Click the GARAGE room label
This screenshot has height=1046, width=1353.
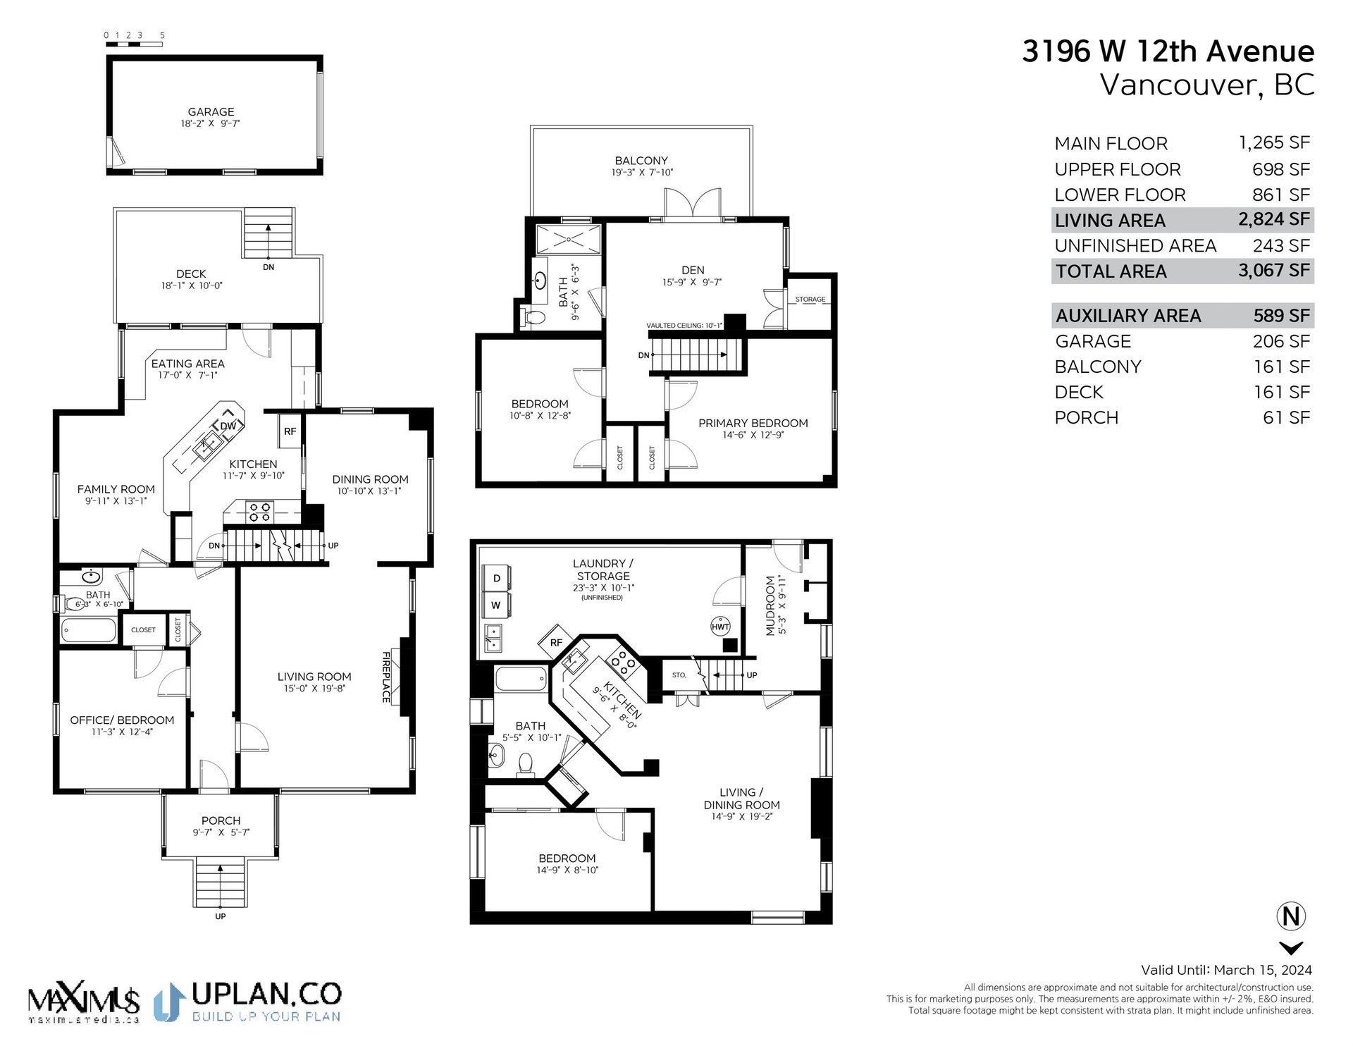211,112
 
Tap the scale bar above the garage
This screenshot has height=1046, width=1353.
134,44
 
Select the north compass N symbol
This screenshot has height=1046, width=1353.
1291,916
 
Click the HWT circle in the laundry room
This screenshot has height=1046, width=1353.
720,627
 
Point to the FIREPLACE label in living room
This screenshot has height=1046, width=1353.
386,677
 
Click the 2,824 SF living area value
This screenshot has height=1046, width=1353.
1274,219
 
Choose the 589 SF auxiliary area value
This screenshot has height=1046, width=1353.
1282,316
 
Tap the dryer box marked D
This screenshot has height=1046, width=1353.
496,579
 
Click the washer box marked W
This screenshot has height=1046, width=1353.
496,605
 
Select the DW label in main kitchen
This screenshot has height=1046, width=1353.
228,426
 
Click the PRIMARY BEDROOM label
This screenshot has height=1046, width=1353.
753,423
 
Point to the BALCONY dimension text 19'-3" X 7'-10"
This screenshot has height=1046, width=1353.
642,173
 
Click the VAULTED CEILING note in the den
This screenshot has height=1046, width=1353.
684,326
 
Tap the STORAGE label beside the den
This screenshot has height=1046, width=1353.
810,300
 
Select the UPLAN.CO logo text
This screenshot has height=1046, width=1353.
266,994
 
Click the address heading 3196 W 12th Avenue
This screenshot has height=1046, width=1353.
1168,51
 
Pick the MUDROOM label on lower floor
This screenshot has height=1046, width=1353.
770,605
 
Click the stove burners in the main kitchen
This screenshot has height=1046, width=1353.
259,512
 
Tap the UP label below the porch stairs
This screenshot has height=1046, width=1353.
221,916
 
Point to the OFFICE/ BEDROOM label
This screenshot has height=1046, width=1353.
122,720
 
